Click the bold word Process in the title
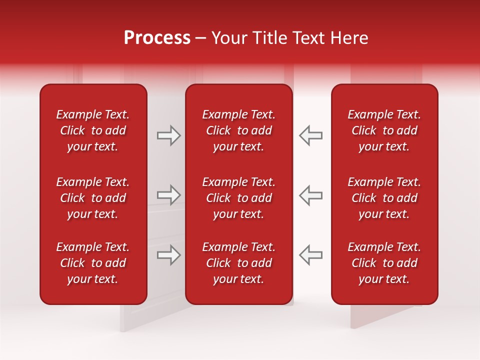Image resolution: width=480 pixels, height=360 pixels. [x=157, y=38]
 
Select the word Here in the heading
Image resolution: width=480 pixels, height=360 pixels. [x=349, y=38]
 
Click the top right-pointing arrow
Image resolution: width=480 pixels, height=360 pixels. [x=168, y=135]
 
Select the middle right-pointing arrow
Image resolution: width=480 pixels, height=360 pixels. [x=168, y=194]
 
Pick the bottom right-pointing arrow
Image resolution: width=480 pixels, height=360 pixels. [x=168, y=255]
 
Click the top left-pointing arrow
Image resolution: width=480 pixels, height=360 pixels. [x=311, y=135]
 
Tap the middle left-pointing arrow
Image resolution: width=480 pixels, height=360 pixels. [x=311, y=194]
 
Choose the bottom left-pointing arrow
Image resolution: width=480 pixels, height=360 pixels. [x=311, y=255]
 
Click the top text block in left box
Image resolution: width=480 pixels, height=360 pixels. [x=93, y=130]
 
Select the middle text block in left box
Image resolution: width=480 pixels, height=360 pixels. [x=93, y=198]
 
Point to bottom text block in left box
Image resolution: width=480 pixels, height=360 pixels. [x=93, y=263]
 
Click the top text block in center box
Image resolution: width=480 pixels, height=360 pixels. [x=238, y=130]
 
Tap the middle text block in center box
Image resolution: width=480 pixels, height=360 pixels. [x=238, y=198]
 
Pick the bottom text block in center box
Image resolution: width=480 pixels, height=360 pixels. [x=238, y=263]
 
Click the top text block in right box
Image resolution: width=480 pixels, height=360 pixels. [x=384, y=130]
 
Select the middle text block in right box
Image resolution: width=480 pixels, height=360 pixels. [x=384, y=198]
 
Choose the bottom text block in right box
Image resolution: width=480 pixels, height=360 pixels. [x=384, y=263]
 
